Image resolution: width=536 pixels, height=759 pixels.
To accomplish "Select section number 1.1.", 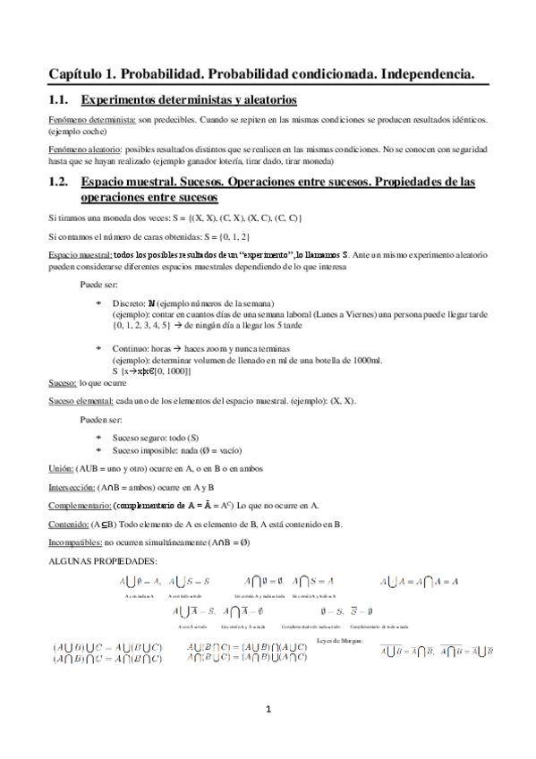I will tap(60, 100).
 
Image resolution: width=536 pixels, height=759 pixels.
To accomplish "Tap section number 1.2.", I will tap(60, 181).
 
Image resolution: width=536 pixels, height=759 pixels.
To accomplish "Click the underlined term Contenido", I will tap(68, 524).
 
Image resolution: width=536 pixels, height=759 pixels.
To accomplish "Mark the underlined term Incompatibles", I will tap(74, 542).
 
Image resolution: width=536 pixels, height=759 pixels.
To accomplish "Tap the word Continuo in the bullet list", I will tap(131, 347).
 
